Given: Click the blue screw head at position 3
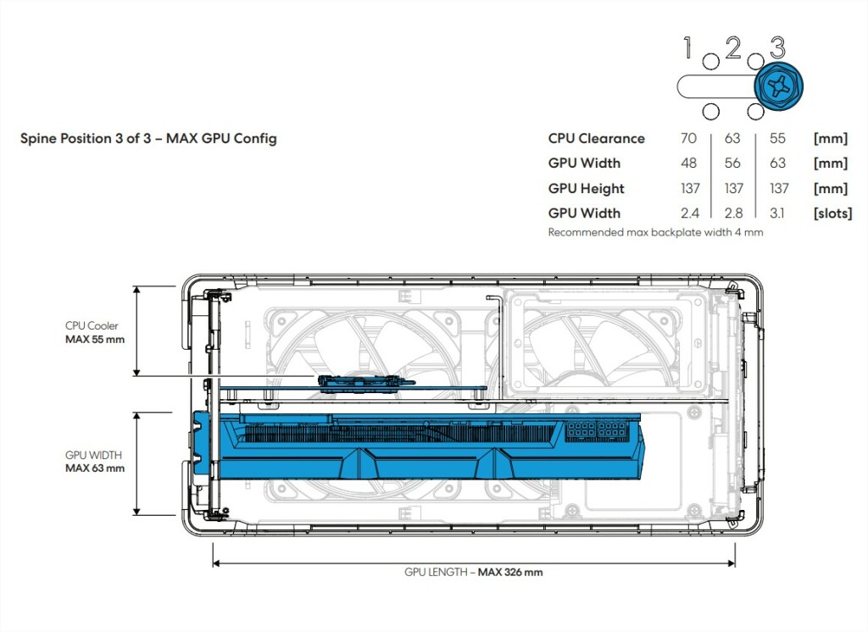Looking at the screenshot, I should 777,86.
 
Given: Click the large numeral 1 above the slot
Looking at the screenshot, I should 689,48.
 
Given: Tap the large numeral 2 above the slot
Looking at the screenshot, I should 733,48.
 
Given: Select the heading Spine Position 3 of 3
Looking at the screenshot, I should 148,139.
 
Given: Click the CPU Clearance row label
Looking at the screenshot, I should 596,138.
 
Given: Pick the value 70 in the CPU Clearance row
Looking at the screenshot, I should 689,138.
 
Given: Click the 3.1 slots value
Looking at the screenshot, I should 777,213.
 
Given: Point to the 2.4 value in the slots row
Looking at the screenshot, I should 689,213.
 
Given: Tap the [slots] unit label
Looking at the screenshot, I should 832,213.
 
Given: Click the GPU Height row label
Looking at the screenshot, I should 587,188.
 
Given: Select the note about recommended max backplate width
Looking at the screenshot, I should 655,231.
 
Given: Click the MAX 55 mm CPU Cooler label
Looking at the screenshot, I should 94,332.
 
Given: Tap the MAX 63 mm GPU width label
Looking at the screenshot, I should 94,461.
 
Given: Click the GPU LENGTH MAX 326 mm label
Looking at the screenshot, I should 473,572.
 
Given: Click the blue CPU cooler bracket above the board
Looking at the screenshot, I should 367,380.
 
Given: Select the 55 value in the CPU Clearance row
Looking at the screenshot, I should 777,138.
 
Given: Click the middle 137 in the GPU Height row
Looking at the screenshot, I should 734,188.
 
